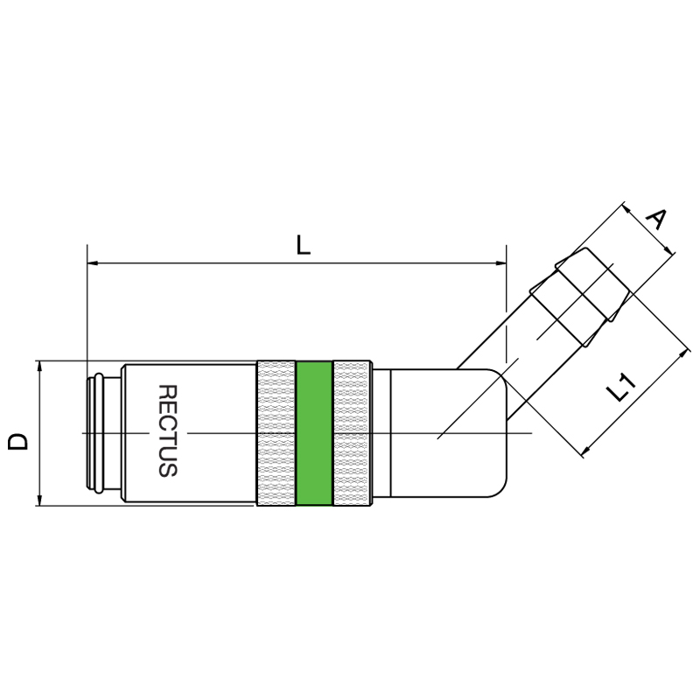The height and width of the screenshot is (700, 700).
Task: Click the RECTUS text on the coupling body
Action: click(168, 430)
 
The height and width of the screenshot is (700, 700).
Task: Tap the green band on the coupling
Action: click(314, 433)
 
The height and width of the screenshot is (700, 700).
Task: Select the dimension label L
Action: click(304, 246)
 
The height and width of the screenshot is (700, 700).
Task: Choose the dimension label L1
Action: click(620, 388)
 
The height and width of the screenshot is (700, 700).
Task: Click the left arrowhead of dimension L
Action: click(93, 263)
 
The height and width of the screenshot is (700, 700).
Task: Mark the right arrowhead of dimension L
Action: click(500, 263)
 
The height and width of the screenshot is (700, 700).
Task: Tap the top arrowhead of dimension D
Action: click(39, 366)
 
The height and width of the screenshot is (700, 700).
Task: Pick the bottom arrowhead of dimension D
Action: click(39, 500)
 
